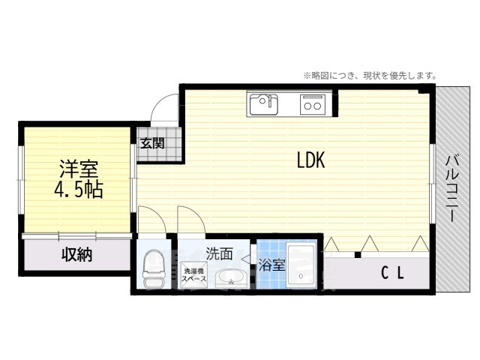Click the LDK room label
[x=310, y=160]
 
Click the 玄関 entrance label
[x=152, y=143]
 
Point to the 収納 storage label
[x=76, y=255]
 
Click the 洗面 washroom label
[x=219, y=253]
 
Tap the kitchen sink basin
[x=263, y=103]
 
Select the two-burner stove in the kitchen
[x=312, y=105]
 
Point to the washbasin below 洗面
[x=230, y=278]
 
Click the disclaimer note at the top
[x=369, y=76]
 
